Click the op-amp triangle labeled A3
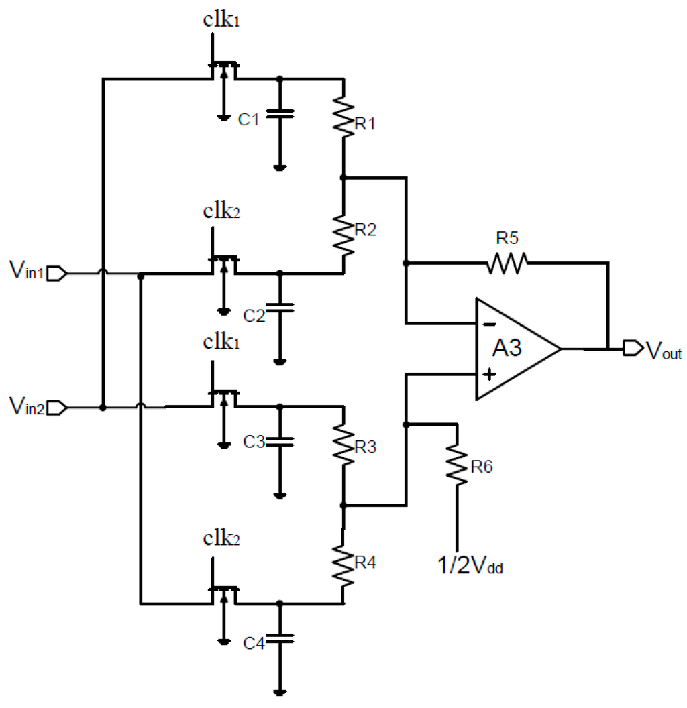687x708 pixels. (x=513, y=349)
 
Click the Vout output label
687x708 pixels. (x=663, y=350)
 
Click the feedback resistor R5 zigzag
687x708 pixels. (x=507, y=263)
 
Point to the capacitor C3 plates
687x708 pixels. (x=280, y=441)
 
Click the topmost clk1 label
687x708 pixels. (x=221, y=20)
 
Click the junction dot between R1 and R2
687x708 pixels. (x=343, y=178)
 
